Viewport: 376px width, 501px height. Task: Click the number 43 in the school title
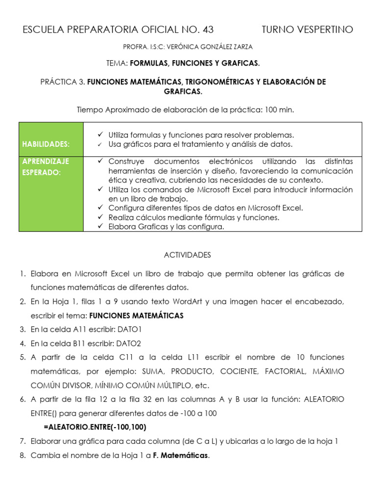click(x=207, y=30)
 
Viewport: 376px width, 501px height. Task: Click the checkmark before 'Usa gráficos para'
click(x=100, y=144)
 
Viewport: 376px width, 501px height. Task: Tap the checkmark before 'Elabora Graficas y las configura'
click(x=100, y=227)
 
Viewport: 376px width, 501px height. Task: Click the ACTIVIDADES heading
click(x=188, y=255)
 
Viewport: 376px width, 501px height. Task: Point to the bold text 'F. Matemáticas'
click(x=181, y=455)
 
